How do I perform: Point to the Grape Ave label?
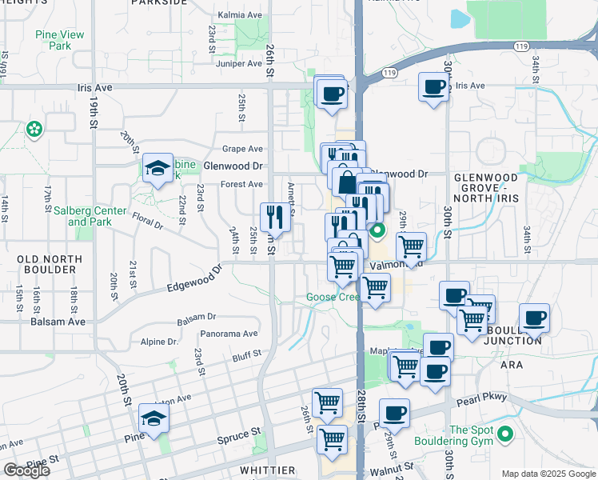click(x=242, y=149)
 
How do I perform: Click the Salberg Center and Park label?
click(x=90, y=216)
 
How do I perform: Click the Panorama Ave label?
click(x=229, y=334)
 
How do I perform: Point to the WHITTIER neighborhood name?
click(x=268, y=470)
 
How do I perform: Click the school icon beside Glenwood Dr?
click(x=157, y=167)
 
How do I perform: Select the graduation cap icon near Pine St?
click(x=154, y=418)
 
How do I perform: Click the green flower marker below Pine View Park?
click(x=34, y=129)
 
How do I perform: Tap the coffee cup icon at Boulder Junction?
click(x=534, y=318)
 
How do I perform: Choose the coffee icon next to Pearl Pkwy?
click(x=394, y=413)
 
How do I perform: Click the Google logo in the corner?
click(x=26, y=470)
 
